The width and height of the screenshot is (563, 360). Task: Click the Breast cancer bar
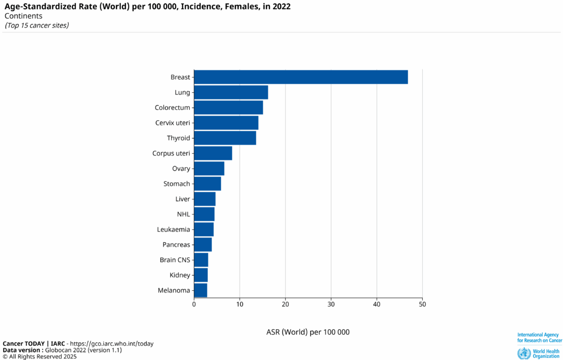point(301,77)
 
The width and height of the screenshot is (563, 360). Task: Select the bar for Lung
point(231,92)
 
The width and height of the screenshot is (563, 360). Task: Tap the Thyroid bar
point(225,138)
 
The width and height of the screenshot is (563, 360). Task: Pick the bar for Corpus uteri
point(213,153)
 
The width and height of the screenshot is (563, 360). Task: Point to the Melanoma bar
point(201,290)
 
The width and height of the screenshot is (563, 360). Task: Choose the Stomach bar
point(207,184)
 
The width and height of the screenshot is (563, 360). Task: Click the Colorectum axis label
point(172,108)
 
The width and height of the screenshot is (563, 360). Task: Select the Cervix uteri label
point(173,123)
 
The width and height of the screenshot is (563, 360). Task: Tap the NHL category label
point(183,214)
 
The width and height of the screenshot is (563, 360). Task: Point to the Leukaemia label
point(173,229)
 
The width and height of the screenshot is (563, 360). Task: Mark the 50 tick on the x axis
point(422,304)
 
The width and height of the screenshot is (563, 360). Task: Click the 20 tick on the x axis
point(285,304)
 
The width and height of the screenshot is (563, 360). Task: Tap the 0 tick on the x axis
point(194,304)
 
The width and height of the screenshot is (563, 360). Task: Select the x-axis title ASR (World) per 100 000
point(308,332)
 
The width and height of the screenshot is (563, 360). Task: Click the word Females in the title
point(237,7)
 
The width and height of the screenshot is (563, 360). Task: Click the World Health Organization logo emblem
point(524,353)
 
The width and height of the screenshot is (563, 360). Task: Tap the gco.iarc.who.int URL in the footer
point(117,344)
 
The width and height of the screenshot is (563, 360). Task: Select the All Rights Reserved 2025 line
point(40,356)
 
